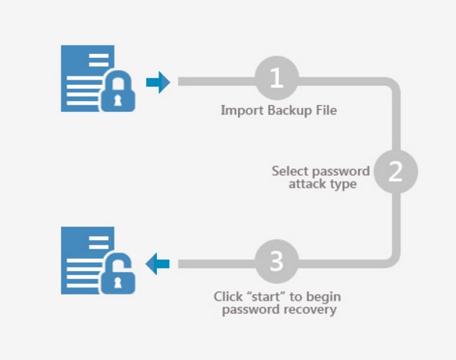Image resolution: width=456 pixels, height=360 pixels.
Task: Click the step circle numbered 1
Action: [x=277, y=78]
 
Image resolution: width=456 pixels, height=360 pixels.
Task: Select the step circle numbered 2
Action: [x=396, y=172]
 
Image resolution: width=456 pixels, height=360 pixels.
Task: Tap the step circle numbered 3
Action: [x=277, y=261]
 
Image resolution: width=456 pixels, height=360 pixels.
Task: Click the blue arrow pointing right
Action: [x=158, y=83]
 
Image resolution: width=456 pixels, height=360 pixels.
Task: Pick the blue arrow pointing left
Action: [x=158, y=263]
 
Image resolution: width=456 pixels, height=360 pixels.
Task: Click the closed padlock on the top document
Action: [x=117, y=90]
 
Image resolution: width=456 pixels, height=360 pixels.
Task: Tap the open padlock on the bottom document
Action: [x=117, y=273]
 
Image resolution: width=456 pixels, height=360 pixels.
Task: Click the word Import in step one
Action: [x=242, y=110]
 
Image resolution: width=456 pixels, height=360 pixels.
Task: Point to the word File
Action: [x=326, y=110]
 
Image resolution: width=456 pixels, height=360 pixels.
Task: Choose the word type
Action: [x=343, y=185]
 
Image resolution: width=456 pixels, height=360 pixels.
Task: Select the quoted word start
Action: [x=266, y=297]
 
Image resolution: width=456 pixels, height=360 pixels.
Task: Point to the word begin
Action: [x=324, y=297]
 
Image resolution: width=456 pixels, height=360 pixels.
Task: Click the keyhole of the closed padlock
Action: [x=117, y=100]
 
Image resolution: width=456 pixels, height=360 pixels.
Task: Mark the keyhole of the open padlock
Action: [x=117, y=283]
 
